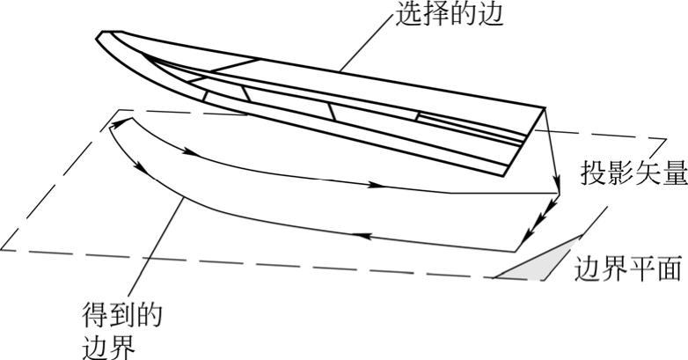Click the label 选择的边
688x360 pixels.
click(449, 15)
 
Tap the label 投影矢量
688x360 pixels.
click(633, 173)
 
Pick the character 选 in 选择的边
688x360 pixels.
click(409, 15)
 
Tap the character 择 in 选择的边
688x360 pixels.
click(435, 15)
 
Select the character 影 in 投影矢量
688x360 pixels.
click(619, 173)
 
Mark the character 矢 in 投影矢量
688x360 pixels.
click(646, 173)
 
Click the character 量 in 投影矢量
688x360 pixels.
click(672, 173)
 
